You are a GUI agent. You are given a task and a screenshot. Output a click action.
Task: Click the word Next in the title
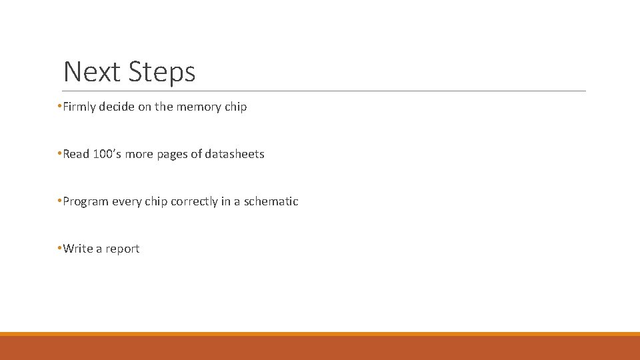click(x=91, y=71)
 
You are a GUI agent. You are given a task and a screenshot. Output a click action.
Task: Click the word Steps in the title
click(x=162, y=72)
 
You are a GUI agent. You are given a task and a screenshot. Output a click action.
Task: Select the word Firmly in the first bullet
click(x=79, y=107)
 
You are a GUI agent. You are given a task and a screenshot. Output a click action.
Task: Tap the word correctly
click(x=194, y=201)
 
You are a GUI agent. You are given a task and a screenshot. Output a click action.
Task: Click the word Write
click(x=78, y=249)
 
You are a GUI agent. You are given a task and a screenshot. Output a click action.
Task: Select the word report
click(x=123, y=249)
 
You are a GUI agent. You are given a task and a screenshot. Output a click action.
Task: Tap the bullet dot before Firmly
click(x=59, y=107)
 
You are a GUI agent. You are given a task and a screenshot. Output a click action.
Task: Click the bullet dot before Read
click(x=59, y=154)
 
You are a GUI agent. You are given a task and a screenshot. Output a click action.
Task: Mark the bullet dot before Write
click(x=59, y=249)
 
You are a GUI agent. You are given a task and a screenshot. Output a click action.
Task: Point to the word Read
click(x=76, y=154)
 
